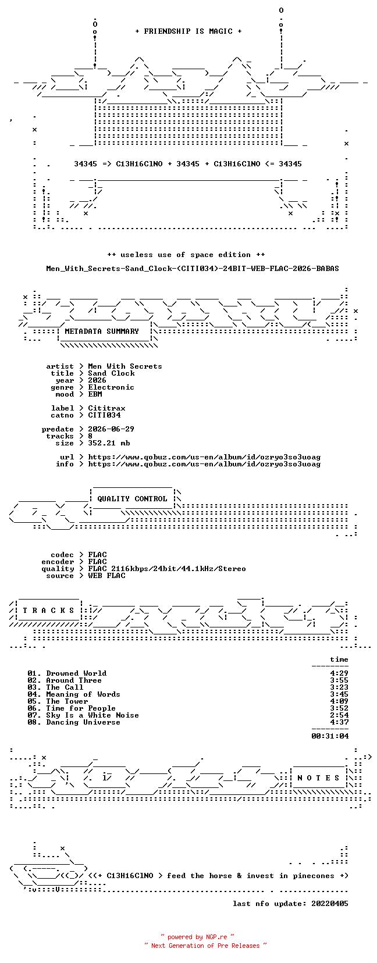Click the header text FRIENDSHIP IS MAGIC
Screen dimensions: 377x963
coord(188,31)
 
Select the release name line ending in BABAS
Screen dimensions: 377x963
coord(193,269)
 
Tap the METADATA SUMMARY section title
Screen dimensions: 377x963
coord(102,331)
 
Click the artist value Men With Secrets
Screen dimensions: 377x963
coord(125,366)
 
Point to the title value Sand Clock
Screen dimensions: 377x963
coord(111,373)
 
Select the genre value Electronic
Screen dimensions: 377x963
coord(111,387)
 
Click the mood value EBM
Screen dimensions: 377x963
coord(95,394)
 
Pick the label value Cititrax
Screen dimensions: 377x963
coord(106,408)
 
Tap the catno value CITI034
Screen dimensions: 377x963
coord(105,415)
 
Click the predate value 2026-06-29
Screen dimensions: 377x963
coord(111,429)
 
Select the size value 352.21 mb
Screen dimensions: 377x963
coord(109,443)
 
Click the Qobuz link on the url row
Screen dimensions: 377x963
coord(204,457)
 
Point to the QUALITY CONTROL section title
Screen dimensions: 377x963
coord(132,499)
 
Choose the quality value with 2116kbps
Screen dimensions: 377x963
coord(167,569)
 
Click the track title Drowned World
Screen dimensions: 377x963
coord(77,673)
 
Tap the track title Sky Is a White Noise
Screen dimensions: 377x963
coord(93,715)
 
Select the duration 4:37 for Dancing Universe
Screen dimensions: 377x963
coord(339,722)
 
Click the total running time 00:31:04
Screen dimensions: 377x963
coord(330,736)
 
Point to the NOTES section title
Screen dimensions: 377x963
coord(319,777)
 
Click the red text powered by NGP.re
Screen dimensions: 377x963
coord(197,937)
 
